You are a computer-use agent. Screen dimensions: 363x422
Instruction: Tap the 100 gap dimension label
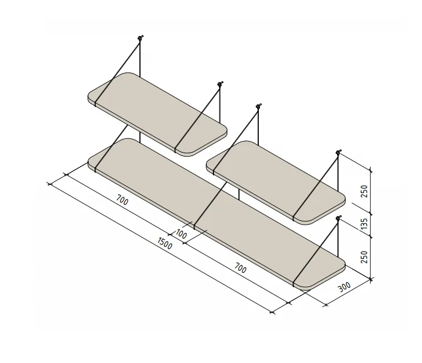tap(181, 233)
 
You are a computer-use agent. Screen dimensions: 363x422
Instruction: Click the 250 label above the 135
tap(363, 191)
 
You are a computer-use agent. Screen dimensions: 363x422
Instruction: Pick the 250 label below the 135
tap(363, 257)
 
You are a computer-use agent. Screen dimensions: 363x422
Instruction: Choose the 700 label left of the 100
tap(122, 200)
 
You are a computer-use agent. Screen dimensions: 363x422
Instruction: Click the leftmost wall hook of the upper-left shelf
tap(140, 38)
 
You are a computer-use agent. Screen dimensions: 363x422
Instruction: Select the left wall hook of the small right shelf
tap(258, 106)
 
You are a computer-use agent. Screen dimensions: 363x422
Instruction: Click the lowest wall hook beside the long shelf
tap(338, 217)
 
